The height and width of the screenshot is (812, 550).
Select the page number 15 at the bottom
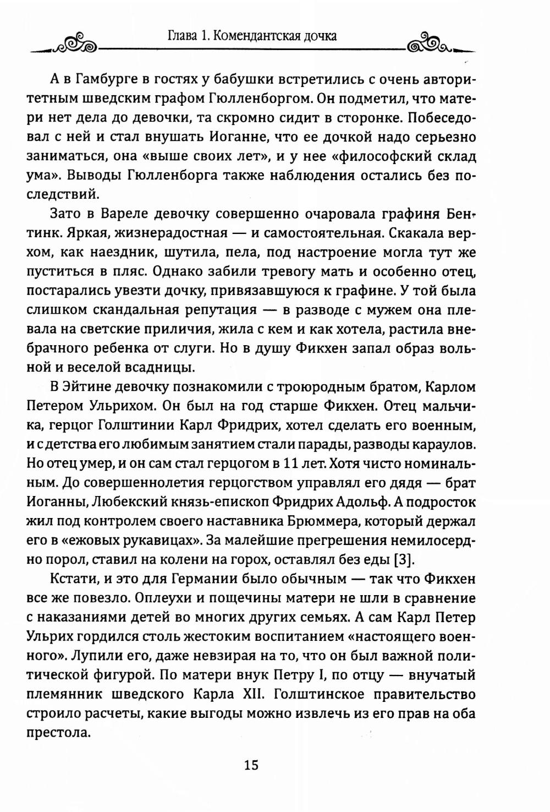coord(251,766)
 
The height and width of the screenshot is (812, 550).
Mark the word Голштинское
coord(319,695)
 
